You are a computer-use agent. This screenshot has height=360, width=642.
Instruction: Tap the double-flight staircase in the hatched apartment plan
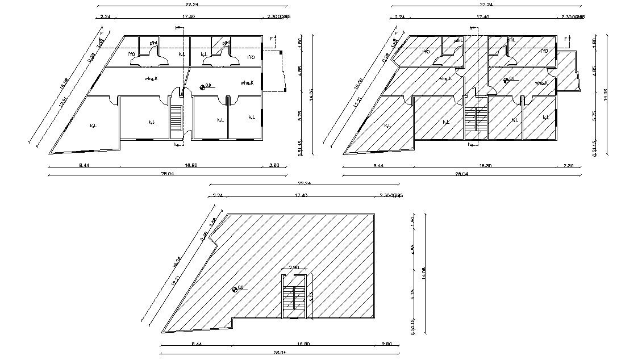coord(476,119)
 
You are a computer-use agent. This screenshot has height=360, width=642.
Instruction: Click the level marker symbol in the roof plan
coord(236,289)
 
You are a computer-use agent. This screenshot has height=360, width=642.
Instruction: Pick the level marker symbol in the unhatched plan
coord(203,86)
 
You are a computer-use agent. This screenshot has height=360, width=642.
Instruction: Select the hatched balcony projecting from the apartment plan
coord(567,72)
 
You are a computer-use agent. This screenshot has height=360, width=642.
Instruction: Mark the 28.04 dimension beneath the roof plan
coord(280,353)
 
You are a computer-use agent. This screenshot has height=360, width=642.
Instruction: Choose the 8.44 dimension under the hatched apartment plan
coord(378,166)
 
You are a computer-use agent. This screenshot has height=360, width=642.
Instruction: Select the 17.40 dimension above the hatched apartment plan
coord(483,17)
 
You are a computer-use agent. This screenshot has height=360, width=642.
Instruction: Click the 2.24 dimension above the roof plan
coord(217,195)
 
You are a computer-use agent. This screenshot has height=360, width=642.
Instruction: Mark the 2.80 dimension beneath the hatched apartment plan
coord(568,166)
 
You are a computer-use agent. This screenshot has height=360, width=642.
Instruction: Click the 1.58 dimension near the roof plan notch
coord(214,222)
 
